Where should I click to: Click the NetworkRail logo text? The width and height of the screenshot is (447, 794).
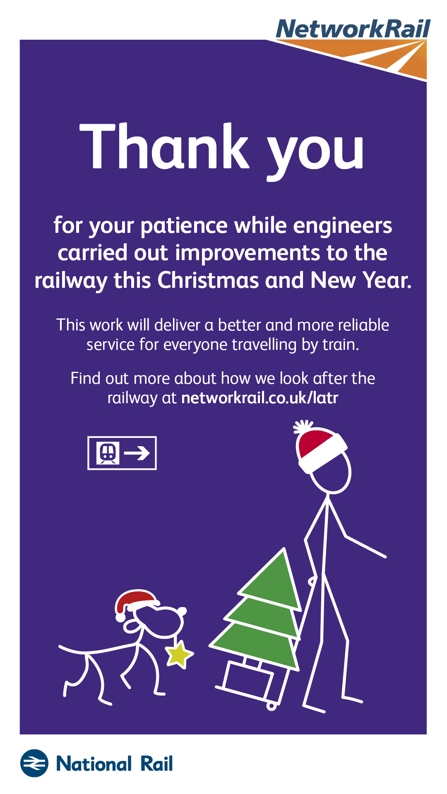(x=353, y=29)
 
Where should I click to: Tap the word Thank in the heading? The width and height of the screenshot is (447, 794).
(x=164, y=147)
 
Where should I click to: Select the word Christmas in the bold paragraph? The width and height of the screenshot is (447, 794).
(x=209, y=280)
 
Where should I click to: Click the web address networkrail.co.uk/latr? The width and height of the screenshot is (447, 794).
(x=260, y=398)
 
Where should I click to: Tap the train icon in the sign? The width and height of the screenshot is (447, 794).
(x=108, y=453)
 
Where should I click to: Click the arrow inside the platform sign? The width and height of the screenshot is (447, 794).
(x=137, y=453)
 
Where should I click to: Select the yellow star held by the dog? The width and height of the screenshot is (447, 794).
(x=179, y=654)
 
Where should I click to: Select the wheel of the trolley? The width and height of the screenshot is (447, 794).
(x=272, y=706)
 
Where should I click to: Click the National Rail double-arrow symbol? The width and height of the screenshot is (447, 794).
(x=34, y=763)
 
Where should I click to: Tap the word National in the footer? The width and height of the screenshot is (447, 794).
(x=94, y=764)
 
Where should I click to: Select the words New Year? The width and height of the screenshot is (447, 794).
(x=361, y=280)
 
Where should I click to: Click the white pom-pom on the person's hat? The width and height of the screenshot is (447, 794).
(x=303, y=427)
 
